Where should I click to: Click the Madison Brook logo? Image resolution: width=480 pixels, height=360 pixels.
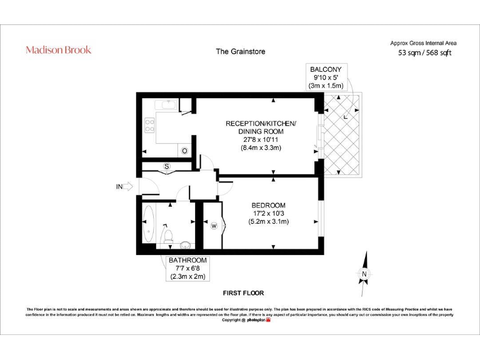pos(58,50)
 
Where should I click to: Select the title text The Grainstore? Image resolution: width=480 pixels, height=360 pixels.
pos(241,51)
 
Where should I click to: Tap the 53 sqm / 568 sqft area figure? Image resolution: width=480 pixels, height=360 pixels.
pos(424,53)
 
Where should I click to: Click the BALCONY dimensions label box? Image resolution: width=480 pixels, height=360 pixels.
pos(327,77)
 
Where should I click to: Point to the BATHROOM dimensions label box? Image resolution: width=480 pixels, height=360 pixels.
pos(187,268)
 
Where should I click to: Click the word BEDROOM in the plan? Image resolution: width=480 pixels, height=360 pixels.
pos(268,206)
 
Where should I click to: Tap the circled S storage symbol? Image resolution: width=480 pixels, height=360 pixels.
pos(167,166)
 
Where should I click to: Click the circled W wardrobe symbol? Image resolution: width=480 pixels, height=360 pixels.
pos(214,226)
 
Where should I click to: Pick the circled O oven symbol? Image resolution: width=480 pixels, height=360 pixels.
pos(184,151)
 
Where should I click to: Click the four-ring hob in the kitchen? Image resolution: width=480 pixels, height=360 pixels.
pos(150,126)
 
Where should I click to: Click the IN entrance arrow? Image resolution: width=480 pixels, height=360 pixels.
pos(124,186)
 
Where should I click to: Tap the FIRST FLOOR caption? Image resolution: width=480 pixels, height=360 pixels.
pos(243,292)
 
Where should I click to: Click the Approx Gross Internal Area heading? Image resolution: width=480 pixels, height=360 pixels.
pos(424,42)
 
